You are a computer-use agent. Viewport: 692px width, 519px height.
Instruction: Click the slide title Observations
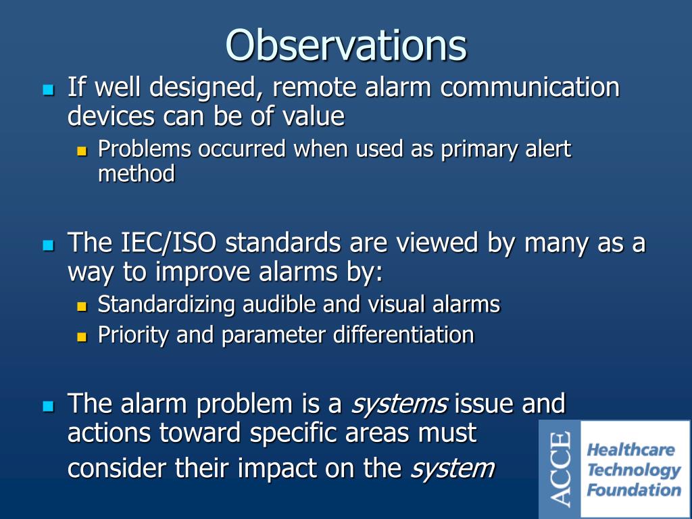pyautogui.click(x=346, y=45)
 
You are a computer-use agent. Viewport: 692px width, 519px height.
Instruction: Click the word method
pyautogui.click(x=137, y=174)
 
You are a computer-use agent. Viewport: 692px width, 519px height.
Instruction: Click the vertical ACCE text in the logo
pyautogui.click(x=560, y=470)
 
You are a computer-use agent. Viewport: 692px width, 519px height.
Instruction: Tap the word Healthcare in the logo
pyautogui.click(x=631, y=450)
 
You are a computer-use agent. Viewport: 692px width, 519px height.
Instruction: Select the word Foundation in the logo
pyautogui.click(x=633, y=490)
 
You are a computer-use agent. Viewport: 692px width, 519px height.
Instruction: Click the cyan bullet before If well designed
pyautogui.click(x=47, y=89)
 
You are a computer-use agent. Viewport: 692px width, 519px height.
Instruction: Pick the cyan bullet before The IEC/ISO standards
pyautogui.click(x=47, y=245)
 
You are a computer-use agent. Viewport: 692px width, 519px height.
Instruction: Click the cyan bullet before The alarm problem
pyautogui.click(x=47, y=406)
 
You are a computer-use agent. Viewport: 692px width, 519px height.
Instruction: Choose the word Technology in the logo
pyautogui.click(x=633, y=470)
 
